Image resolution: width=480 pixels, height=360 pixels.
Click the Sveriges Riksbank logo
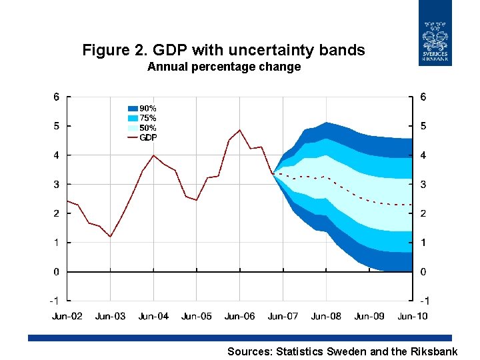[x=435, y=33]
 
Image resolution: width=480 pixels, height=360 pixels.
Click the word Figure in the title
[x=103, y=50]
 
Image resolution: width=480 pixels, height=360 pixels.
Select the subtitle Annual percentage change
[x=224, y=67]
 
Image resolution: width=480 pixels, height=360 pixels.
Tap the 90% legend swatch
[x=132, y=108]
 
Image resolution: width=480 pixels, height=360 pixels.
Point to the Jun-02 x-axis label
[x=67, y=315]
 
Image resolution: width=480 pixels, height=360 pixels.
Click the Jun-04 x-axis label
[x=153, y=315]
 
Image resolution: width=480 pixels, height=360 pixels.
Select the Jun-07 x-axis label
[x=283, y=315]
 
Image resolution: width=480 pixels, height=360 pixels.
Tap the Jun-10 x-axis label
[x=413, y=315]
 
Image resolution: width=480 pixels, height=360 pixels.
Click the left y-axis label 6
[x=57, y=97]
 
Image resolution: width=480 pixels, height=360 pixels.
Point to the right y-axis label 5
[x=423, y=126]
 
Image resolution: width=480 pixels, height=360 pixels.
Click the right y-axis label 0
[x=423, y=272]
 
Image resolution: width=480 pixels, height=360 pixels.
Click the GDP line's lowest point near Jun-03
[x=110, y=237]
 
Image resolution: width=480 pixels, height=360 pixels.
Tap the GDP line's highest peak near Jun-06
[x=240, y=130]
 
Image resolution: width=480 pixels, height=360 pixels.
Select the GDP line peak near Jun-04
[x=153, y=155]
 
